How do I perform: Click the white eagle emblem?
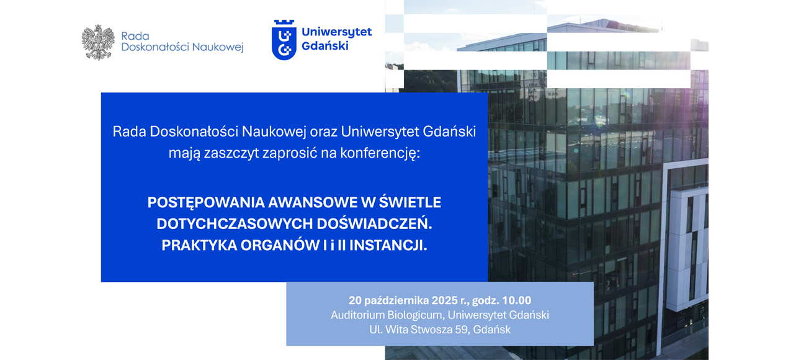pos(98,42)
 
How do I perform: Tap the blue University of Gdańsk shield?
pos(284,40)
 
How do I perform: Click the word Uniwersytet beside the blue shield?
pos(337,32)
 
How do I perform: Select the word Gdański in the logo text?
pos(325,46)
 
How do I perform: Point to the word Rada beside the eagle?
pos(135,36)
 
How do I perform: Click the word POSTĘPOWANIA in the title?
pos(206,203)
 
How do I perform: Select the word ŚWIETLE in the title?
pos(410,202)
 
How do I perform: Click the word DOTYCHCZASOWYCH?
pos(235,224)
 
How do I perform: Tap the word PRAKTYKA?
pos(199,245)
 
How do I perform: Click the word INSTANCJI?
pos(388,245)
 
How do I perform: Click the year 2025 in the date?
pos(444,300)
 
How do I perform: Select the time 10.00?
pos(516,300)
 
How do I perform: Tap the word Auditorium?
pos(357,315)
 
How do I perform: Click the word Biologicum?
pos(415,315)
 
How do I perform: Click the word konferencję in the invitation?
pos(380,153)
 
